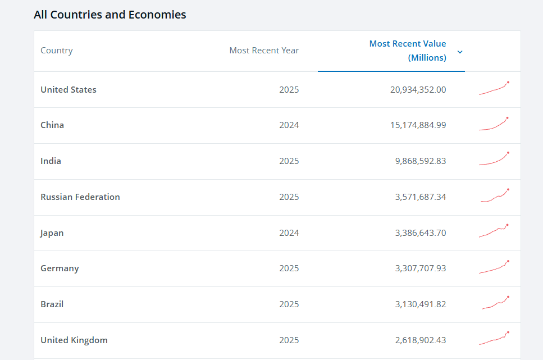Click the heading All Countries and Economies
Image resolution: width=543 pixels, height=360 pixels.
click(109, 15)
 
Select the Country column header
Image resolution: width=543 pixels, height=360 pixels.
click(57, 51)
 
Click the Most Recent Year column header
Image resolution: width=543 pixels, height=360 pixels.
click(264, 51)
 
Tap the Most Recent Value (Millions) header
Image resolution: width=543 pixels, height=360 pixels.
click(408, 51)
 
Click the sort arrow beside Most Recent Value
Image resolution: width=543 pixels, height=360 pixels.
click(460, 52)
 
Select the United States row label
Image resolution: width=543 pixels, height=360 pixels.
click(69, 90)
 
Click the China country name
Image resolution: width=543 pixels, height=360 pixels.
click(52, 125)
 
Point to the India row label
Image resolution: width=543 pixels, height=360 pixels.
click(51, 161)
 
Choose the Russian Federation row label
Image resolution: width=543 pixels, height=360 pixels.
click(80, 197)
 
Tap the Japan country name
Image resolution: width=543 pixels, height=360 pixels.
click(52, 233)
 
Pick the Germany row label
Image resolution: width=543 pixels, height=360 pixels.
click(60, 268)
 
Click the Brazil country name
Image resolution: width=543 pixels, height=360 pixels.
click(52, 304)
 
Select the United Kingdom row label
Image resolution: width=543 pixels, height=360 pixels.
click(74, 340)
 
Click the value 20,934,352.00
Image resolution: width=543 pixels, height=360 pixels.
click(418, 90)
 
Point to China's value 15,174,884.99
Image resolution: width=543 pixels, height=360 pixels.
click(418, 125)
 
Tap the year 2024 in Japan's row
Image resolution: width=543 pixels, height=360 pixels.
click(289, 233)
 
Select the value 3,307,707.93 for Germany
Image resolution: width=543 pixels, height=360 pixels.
click(421, 268)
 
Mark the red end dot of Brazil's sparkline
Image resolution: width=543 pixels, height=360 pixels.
click(508, 297)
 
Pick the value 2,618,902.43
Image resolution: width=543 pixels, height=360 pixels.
click(421, 340)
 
